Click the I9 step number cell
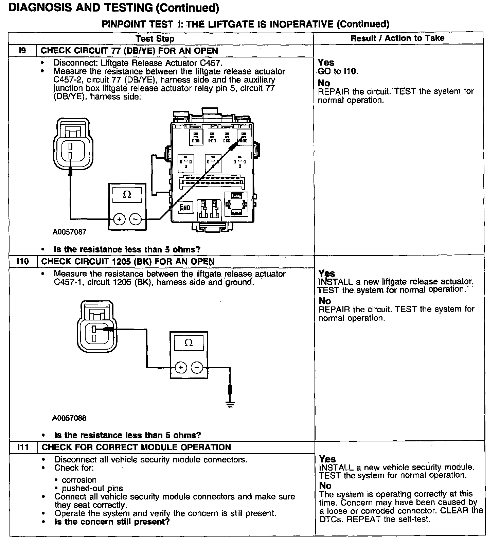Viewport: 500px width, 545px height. tap(22, 51)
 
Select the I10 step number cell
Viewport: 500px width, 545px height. tap(23, 262)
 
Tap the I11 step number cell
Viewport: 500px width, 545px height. tap(23, 447)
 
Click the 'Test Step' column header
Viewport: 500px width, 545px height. tap(155, 38)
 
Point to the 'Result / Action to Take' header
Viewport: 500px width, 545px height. tap(397, 38)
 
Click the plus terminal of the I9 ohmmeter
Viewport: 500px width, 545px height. tap(119, 219)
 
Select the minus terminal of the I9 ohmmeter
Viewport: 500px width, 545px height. tap(136, 219)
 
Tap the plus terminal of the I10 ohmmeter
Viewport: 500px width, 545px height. tap(181, 368)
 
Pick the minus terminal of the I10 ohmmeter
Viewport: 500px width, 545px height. tap(197, 368)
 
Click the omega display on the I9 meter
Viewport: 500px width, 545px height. tap(127, 195)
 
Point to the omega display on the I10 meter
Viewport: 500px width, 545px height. tap(189, 343)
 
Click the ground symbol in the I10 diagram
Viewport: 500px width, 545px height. tap(230, 404)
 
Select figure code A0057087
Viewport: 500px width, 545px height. tap(69, 232)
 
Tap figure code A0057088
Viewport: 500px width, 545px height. tap(69, 418)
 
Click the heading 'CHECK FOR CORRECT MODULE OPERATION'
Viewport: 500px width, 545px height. tap(136, 447)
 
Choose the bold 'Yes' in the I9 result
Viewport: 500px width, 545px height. tap(326, 63)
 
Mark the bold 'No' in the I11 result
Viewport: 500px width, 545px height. tap(325, 486)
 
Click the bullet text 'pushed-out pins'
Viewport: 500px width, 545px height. tap(92, 488)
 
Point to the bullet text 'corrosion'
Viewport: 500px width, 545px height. tap(79, 480)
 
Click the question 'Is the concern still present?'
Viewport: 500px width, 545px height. tap(112, 522)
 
